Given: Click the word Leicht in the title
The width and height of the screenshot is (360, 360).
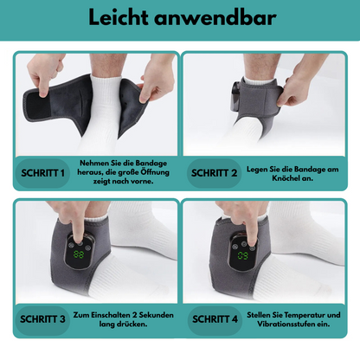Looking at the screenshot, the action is (x=119, y=17).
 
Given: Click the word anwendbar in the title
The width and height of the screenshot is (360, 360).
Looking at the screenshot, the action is (x=215, y=17).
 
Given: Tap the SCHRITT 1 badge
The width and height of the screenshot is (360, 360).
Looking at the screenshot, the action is (x=42, y=173).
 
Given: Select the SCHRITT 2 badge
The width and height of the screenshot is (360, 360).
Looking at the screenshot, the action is (x=214, y=173).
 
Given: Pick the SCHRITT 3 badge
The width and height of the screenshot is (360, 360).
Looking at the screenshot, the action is (x=42, y=319).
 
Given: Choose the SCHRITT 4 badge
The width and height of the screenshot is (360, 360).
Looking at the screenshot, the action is (x=215, y=319).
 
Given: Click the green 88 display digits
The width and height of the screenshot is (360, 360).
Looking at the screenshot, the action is (x=79, y=254).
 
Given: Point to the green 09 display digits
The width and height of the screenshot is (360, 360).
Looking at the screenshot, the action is (x=242, y=255).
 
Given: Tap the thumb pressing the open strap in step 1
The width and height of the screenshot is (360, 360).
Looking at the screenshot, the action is (x=43, y=90).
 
